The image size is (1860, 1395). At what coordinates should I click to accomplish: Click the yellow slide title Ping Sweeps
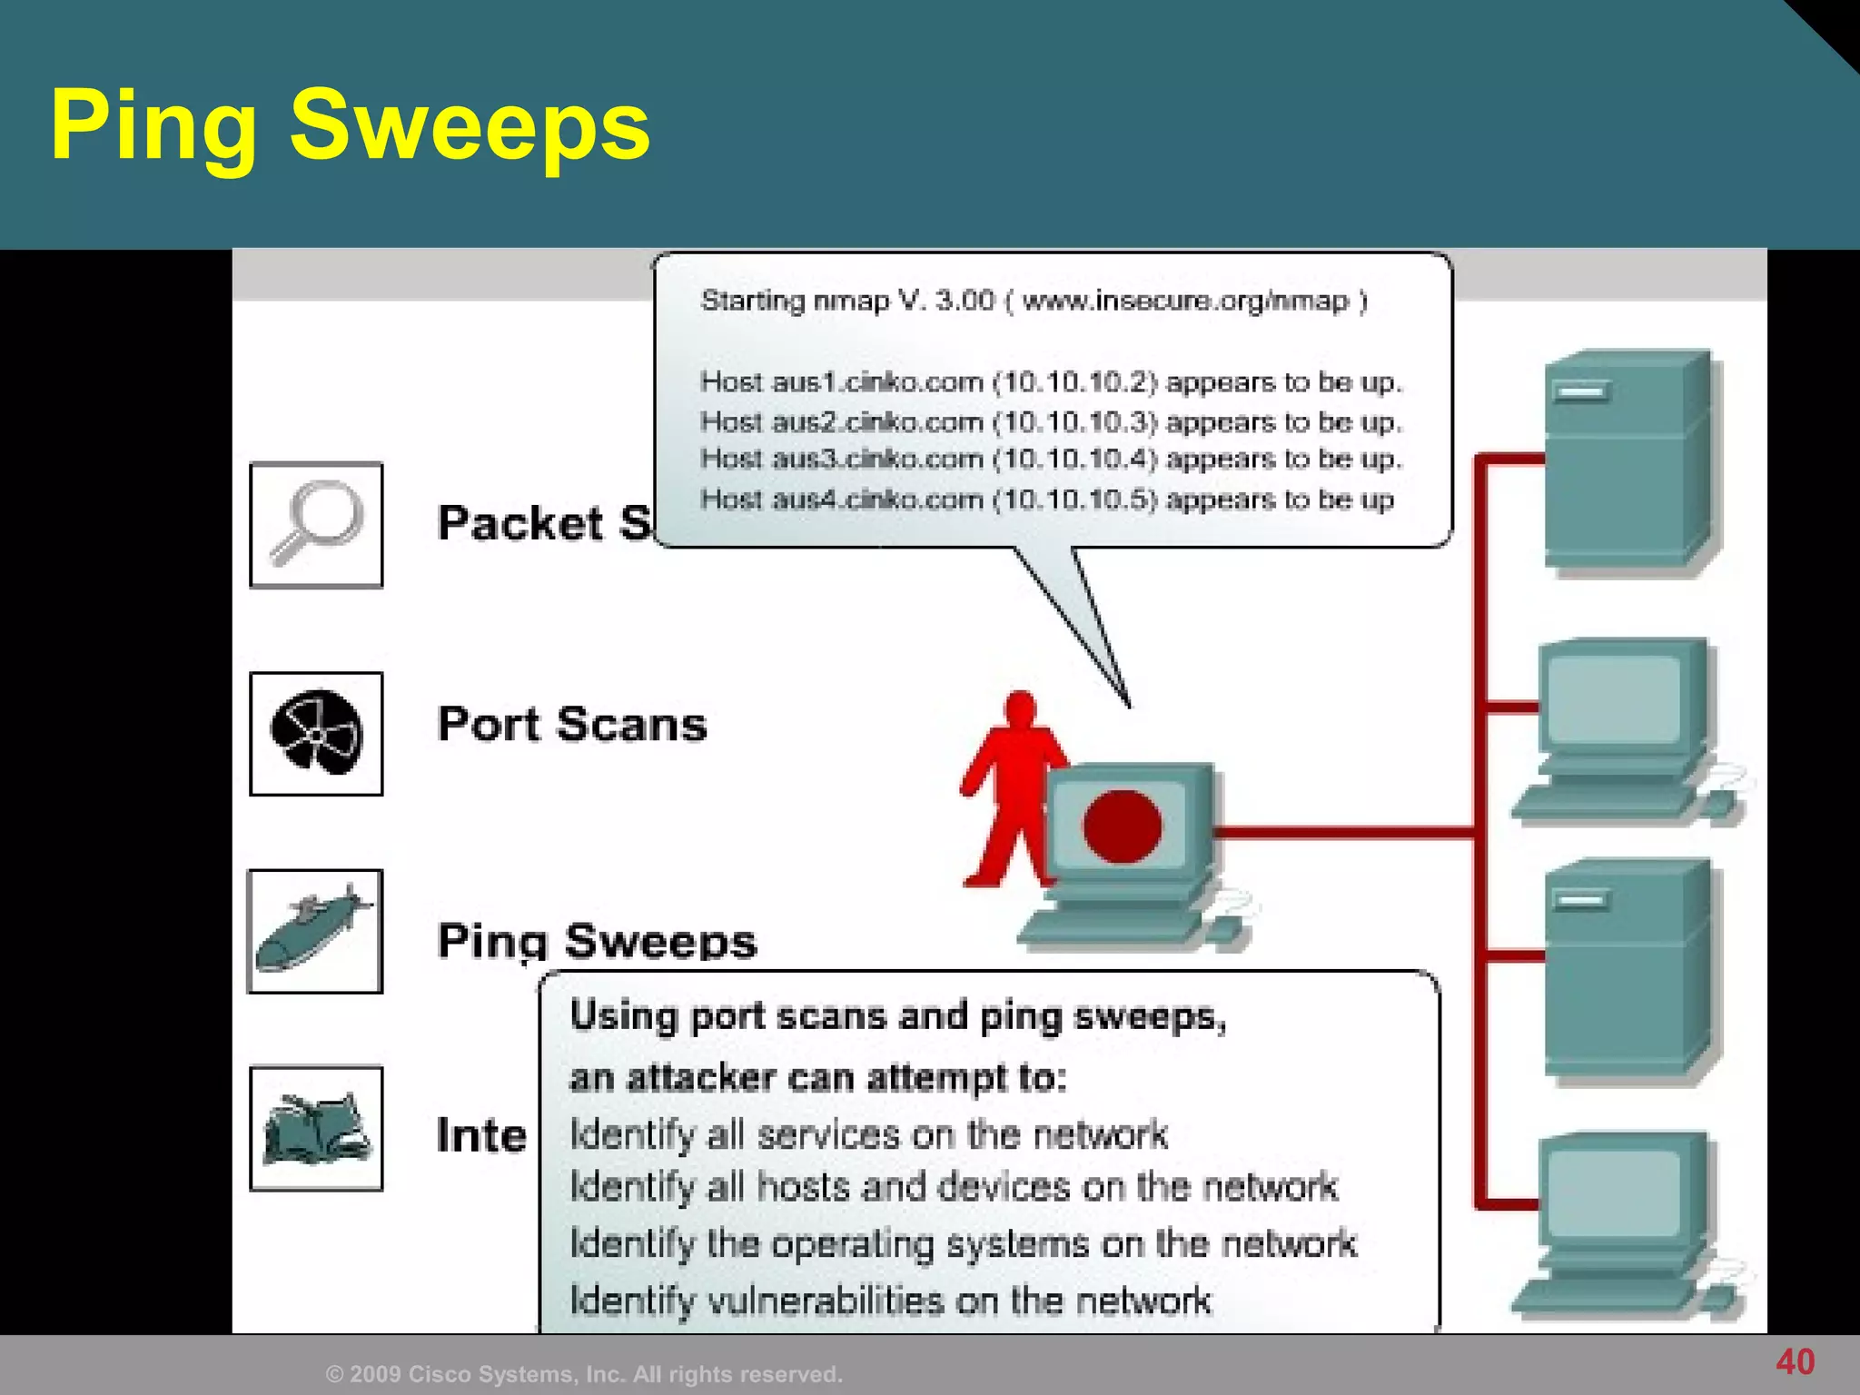point(350,125)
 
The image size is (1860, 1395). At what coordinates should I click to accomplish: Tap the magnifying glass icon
point(316,524)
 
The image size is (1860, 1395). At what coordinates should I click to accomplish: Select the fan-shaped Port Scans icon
point(316,733)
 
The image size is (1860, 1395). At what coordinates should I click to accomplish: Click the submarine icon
point(314,931)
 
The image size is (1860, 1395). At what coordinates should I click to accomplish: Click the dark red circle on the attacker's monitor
point(1122,826)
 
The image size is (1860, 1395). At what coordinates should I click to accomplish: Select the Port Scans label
point(571,725)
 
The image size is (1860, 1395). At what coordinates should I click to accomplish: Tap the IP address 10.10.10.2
point(1075,382)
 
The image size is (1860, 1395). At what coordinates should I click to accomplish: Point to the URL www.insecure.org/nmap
point(1185,301)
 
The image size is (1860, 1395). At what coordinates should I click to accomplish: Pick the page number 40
point(1795,1361)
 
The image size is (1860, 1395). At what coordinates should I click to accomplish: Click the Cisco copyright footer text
point(584,1374)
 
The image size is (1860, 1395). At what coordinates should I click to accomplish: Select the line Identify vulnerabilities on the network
point(890,1301)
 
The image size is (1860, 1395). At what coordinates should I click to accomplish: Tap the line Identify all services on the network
point(868,1135)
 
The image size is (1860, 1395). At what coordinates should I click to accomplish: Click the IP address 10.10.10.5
point(1075,500)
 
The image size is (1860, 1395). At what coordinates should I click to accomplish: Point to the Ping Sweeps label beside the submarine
point(597,940)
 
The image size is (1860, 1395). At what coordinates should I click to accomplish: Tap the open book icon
point(316,1129)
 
